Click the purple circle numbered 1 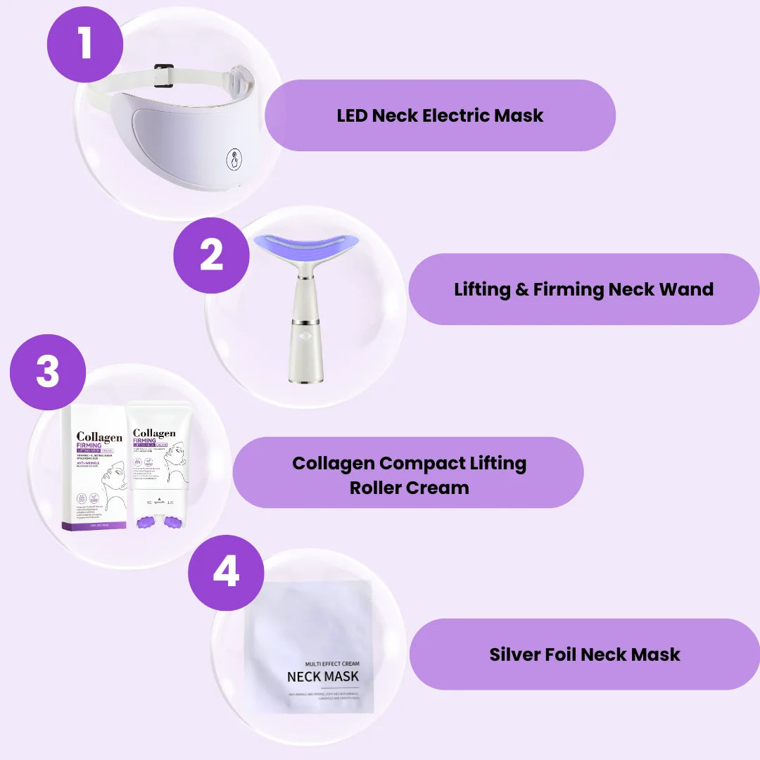(x=85, y=43)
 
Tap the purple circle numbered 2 (x=211, y=255)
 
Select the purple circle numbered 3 (x=48, y=372)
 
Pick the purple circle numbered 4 (x=226, y=573)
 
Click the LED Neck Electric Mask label (x=440, y=115)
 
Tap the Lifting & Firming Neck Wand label (x=583, y=289)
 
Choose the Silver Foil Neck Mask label (x=584, y=654)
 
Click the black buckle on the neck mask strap (x=164, y=75)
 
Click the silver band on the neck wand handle (x=305, y=322)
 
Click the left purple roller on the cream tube (x=147, y=521)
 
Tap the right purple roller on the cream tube (x=172, y=521)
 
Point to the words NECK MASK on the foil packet (x=322, y=676)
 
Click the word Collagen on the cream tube (x=154, y=433)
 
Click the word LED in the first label (x=351, y=115)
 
